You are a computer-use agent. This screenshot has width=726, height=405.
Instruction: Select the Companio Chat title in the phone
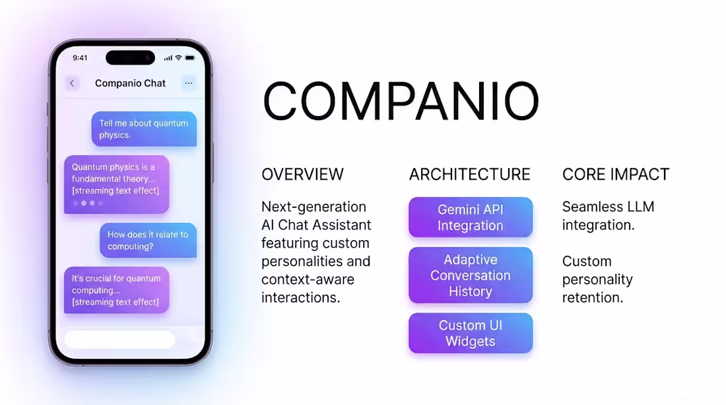pos(131,83)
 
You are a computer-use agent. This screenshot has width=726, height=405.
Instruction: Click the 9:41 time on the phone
pos(80,58)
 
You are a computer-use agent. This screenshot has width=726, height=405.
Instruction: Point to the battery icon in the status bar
pos(190,58)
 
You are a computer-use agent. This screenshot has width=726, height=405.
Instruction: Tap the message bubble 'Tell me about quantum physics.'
pos(144,129)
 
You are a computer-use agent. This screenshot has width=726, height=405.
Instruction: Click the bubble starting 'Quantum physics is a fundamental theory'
pos(116,184)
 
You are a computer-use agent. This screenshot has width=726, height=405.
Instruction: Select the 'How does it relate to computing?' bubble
pos(148,240)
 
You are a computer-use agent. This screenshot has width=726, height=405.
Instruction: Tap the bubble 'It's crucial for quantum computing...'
pos(116,290)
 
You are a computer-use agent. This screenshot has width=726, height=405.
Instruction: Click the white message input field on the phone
pos(119,340)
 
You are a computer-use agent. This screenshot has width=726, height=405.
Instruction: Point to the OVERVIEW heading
pos(302,174)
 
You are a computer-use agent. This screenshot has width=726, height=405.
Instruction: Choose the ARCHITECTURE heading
pos(469,174)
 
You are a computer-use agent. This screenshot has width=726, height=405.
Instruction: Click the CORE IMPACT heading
pos(616,174)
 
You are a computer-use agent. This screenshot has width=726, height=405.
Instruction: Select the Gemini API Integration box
pos(470,217)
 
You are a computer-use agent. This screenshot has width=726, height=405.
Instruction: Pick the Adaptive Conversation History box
pos(470,275)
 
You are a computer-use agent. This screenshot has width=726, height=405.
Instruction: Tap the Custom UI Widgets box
pos(470,333)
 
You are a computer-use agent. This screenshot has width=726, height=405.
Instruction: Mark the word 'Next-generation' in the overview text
pos(313,206)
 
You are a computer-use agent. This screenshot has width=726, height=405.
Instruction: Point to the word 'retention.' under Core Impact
pos(592,297)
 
